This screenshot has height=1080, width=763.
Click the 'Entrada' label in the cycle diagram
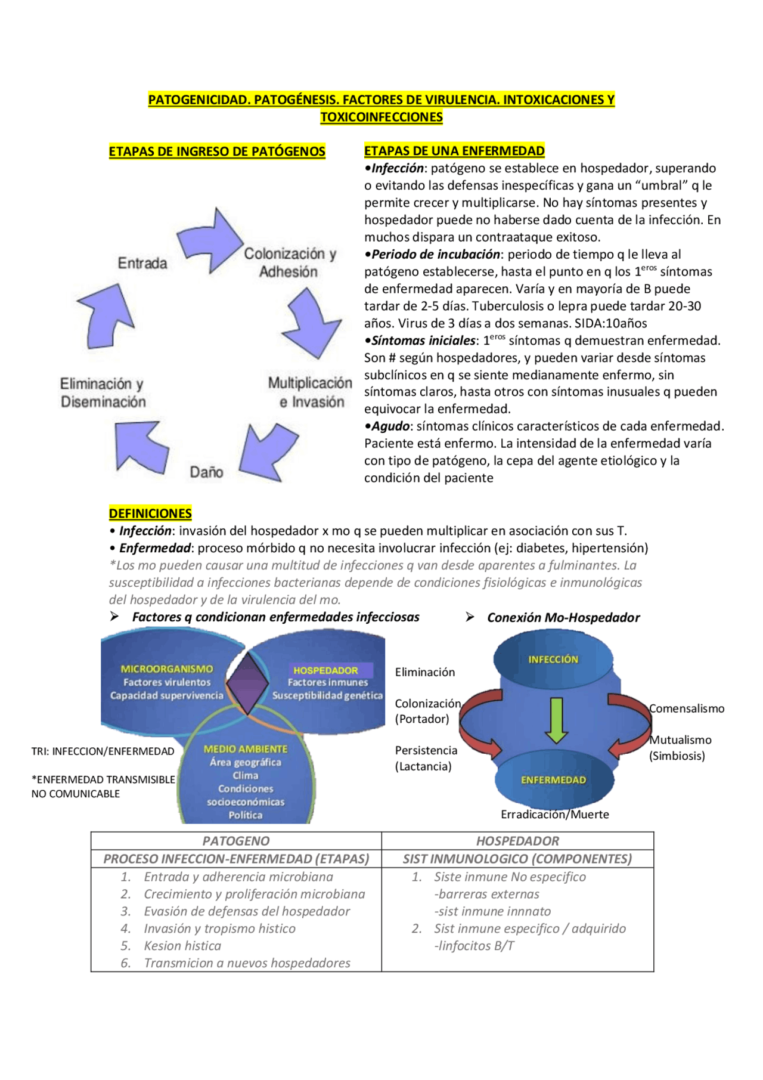coord(142,263)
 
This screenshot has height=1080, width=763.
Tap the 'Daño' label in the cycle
coord(206,472)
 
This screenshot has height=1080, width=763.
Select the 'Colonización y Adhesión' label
coord(290,262)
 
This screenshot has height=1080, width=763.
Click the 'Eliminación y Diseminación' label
coord(103,392)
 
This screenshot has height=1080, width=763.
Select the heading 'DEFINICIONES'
coord(150,513)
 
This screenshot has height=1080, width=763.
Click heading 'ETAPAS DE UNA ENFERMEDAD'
coord(454,151)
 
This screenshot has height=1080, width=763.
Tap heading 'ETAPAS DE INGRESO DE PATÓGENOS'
coord(217,151)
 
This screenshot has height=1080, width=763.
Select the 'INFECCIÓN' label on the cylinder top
coord(553,659)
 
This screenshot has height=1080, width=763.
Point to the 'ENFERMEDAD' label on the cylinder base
coord(553,780)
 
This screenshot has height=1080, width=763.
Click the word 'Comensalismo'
coord(687,708)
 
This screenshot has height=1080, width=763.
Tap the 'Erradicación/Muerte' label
coord(554,815)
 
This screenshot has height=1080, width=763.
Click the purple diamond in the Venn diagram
coord(247,683)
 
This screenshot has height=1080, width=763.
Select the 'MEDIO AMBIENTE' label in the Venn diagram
coord(246,749)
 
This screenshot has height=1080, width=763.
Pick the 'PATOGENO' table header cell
coord(236,841)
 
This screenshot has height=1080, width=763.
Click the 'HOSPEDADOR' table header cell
coord(517,841)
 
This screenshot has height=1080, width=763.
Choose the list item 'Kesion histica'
coord(182,946)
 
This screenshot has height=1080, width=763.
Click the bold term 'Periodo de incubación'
coord(435,255)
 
